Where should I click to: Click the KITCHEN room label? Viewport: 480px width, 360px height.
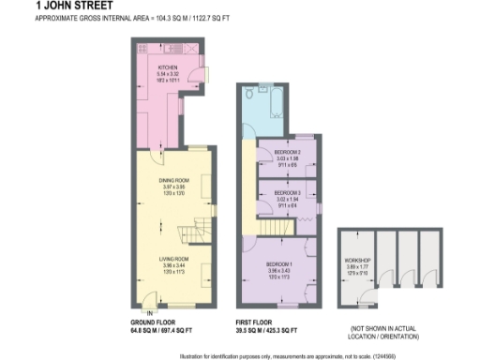click(169, 67)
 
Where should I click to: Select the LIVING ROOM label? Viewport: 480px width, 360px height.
click(174, 258)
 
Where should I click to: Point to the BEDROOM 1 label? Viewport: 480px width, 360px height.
click(279, 264)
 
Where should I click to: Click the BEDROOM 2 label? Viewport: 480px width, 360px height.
click(287, 152)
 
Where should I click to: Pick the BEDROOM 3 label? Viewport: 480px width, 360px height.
click(287, 192)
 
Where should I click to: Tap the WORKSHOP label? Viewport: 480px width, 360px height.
click(359, 260)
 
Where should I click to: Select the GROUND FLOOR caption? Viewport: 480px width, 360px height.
click(151, 323)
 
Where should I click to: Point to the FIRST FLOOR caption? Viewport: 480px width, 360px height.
click(255, 323)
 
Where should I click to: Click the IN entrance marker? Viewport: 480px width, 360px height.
click(147, 312)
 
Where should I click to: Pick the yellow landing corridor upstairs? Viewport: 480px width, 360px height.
click(247, 183)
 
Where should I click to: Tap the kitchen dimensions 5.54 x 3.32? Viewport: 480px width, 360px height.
click(169, 74)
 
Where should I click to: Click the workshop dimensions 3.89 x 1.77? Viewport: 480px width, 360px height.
click(359, 266)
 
